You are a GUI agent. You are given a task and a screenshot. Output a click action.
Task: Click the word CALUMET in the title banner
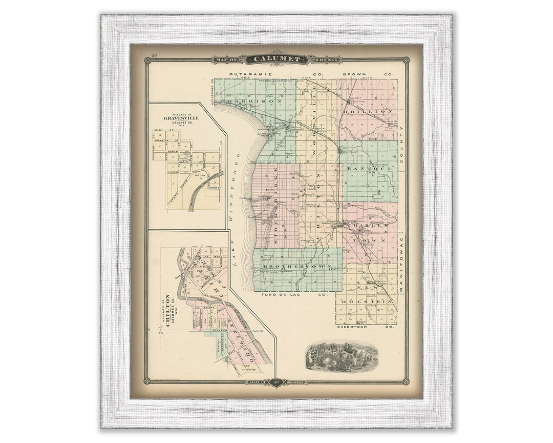(277, 59)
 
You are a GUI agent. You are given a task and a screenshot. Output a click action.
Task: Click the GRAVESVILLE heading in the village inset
(181, 117)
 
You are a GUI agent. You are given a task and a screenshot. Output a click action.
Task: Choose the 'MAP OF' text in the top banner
(229, 60)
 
